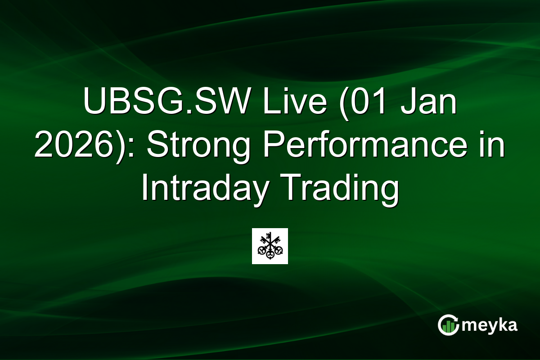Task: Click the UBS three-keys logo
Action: [x=270, y=246]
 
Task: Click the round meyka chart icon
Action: [x=448, y=325]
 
